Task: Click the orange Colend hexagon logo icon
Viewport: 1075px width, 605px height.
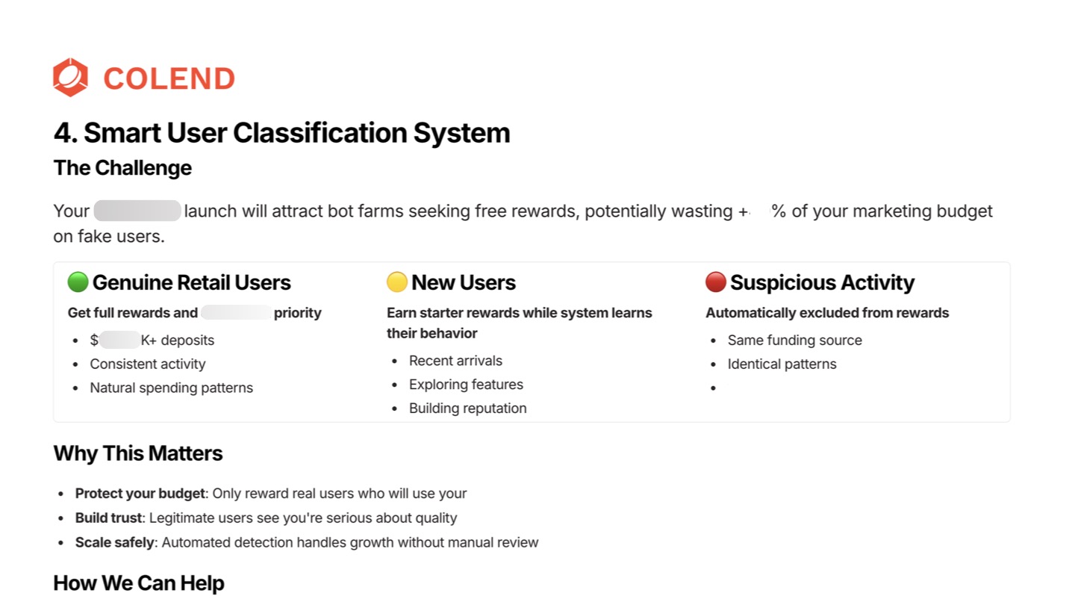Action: coord(70,78)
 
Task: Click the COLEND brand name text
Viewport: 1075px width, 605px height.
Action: coord(169,78)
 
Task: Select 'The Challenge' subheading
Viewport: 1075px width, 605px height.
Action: coord(122,168)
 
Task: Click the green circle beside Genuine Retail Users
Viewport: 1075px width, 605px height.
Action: coord(78,282)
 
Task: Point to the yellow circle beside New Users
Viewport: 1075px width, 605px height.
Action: coord(397,282)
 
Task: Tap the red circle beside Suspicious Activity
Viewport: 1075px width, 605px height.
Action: coord(716,282)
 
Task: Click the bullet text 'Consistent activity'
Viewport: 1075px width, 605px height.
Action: coord(148,364)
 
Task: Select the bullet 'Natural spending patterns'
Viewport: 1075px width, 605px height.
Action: coord(172,388)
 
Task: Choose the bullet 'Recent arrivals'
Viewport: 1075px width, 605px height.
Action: coord(455,361)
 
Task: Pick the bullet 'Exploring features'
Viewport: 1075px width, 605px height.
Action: coord(466,385)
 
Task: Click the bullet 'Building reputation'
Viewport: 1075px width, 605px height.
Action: coord(468,409)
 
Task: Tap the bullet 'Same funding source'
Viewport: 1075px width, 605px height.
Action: coord(795,341)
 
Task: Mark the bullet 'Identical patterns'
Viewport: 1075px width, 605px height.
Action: coord(782,364)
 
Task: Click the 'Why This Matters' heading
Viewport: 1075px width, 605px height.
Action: coord(138,453)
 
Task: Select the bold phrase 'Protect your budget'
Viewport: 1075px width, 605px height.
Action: coord(140,494)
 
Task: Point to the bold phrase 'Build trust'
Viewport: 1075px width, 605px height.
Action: coord(109,518)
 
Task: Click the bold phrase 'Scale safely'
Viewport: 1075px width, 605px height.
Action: coord(114,542)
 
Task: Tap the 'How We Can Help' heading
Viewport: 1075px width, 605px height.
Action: coord(139,583)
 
